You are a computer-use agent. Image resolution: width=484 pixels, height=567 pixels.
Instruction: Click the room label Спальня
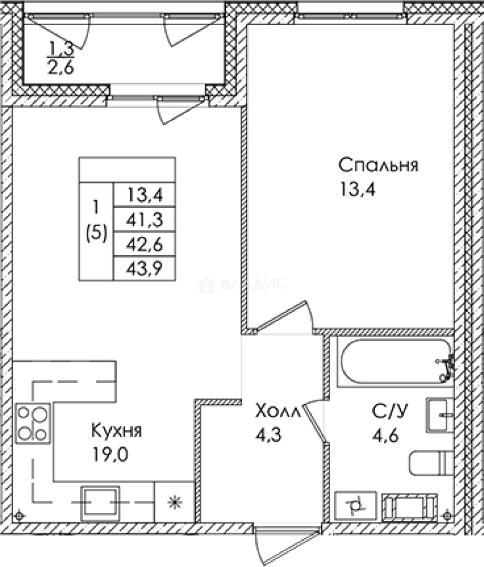(x=378, y=165)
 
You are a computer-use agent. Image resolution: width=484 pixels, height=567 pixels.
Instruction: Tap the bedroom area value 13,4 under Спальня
(x=359, y=187)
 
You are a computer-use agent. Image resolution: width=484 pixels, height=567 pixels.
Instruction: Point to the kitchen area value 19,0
(x=110, y=453)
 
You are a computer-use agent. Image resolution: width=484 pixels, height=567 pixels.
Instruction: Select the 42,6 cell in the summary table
(x=144, y=244)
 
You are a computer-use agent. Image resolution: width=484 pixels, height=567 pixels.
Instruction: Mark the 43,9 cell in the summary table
(x=144, y=268)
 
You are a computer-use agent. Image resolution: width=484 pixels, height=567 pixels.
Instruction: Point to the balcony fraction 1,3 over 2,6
(x=61, y=59)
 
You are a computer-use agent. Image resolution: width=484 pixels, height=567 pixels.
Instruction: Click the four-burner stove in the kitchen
(x=33, y=423)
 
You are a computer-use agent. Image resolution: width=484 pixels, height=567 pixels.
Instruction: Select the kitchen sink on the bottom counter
(x=100, y=502)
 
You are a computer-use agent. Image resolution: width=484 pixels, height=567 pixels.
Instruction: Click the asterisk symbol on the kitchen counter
(x=173, y=502)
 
